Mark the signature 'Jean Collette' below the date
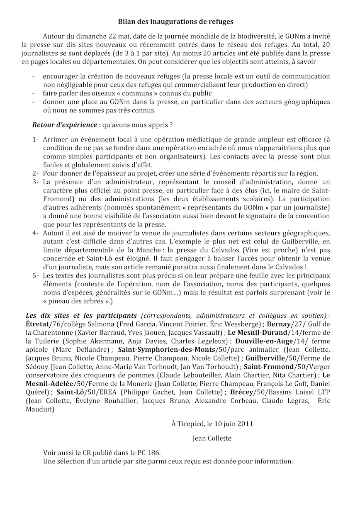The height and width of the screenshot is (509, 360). click(212, 438)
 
